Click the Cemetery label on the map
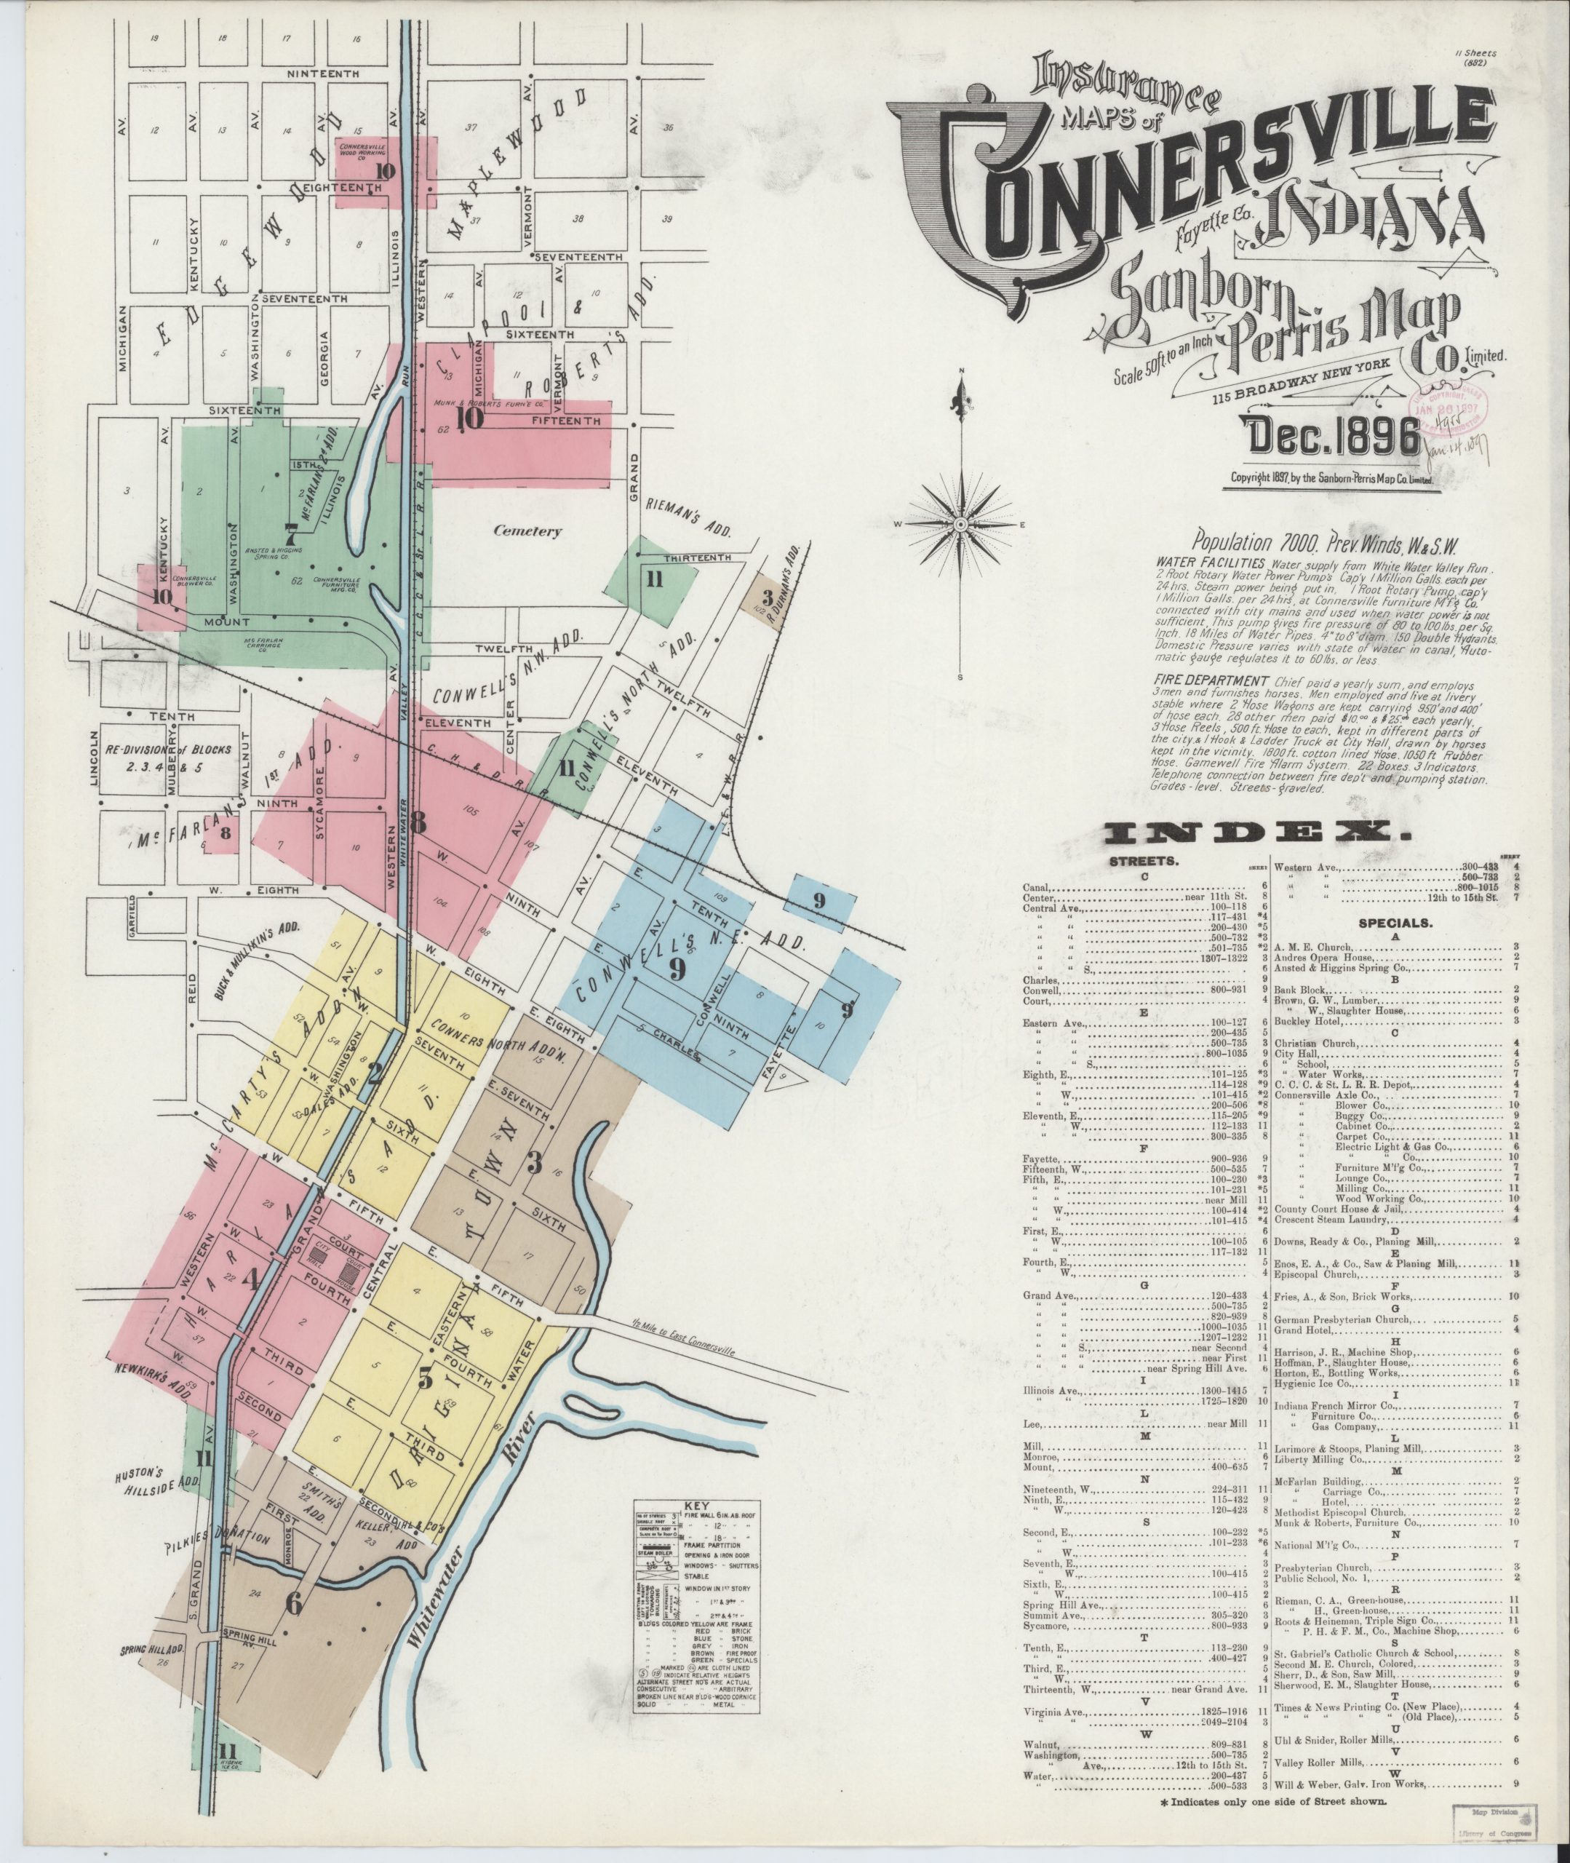tap(527, 531)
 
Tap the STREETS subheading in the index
tap(1144, 862)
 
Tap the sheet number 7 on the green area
tap(290, 533)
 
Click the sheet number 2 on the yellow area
tap(375, 1073)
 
